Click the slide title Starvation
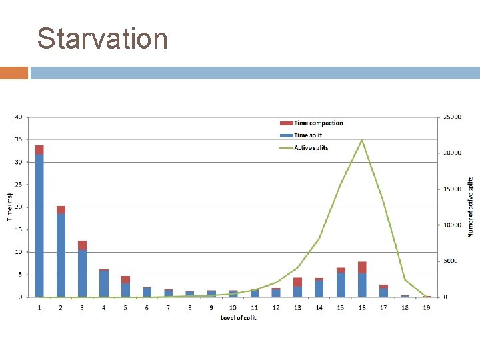click(102, 39)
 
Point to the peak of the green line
click(362, 140)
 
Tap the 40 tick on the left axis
click(19, 117)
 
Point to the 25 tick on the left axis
click(19, 185)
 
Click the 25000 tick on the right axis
click(453, 117)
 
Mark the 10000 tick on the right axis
click(453, 225)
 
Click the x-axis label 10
click(233, 307)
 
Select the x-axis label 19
click(426, 307)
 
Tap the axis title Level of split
click(238, 318)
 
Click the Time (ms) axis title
click(9, 207)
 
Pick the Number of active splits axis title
click(470, 207)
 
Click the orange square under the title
click(14, 73)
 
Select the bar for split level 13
click(297, 287)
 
